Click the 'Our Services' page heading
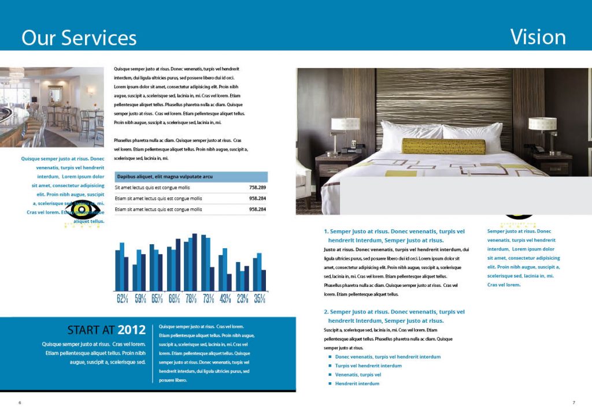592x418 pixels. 79,38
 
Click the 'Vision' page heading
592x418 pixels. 538,37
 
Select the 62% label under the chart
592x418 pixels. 123,298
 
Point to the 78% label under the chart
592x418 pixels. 191,298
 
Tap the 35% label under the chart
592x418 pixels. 260,298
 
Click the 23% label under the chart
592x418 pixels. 243,298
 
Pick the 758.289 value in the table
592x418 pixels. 257,188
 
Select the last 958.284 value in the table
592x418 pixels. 257,209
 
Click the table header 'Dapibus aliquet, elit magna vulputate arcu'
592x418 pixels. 165,177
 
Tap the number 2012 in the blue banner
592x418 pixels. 131,330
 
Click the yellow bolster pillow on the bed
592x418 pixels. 443,146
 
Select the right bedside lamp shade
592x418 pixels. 542,124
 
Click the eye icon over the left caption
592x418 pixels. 82,210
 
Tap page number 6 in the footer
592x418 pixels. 20,402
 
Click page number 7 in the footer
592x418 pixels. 573,402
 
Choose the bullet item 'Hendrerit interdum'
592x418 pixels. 357,383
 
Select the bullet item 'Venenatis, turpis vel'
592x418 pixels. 358,375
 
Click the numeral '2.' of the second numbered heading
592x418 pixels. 326,312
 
